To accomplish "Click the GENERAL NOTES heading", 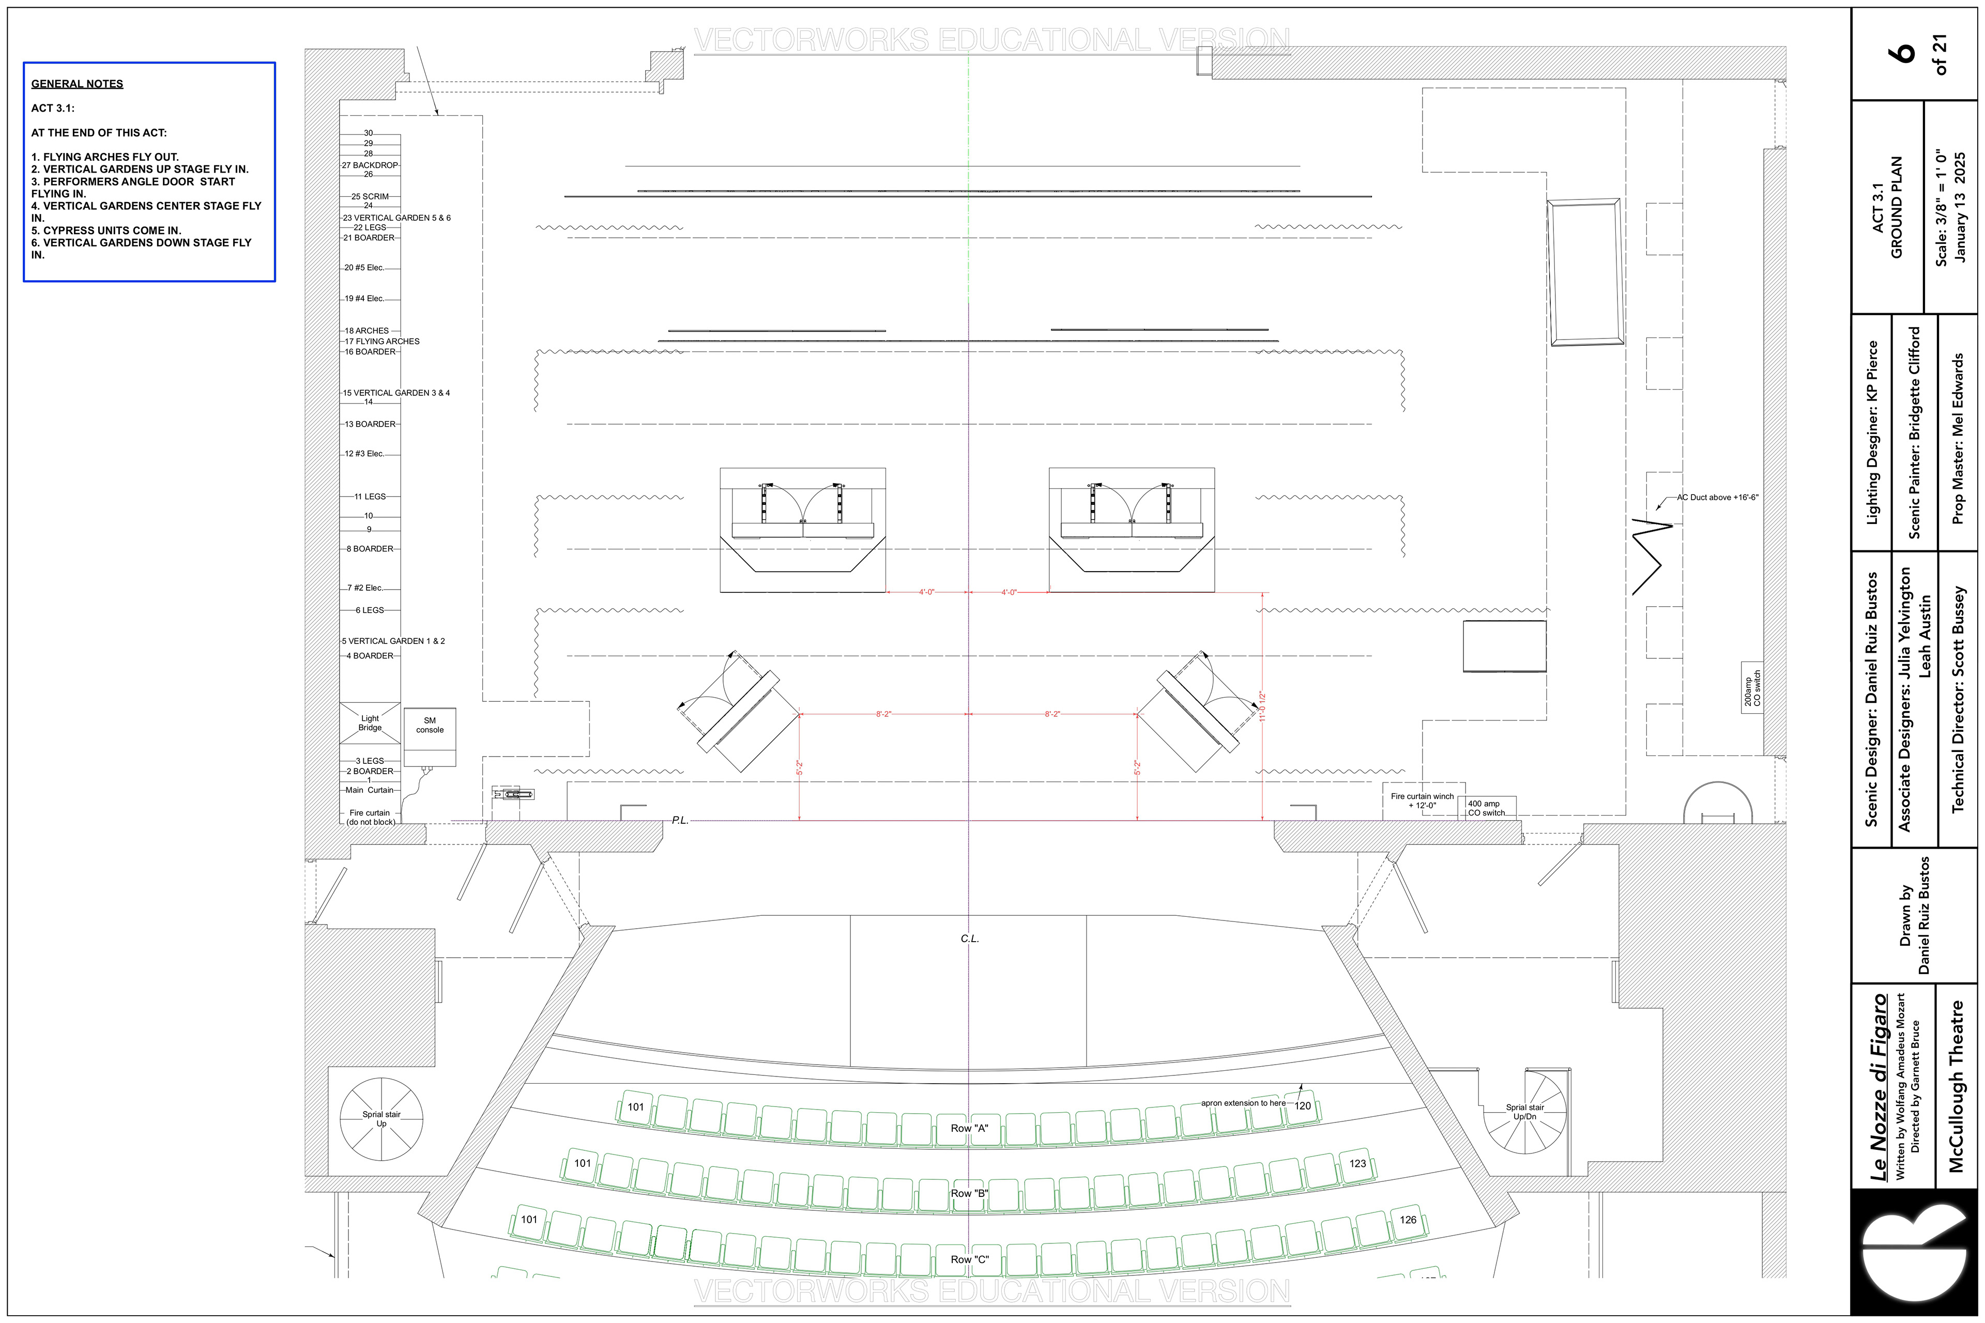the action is [77, 84].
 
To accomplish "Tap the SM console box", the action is [430, 736].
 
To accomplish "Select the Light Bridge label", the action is [370, 723].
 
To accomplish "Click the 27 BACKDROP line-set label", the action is [370, 165].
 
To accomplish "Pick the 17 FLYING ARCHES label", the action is [381, 342].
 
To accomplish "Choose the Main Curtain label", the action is [369, 790].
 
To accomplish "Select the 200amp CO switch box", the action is [1751, 688].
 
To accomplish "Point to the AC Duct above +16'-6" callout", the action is [1717, 498].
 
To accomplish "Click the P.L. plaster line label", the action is [680, 820].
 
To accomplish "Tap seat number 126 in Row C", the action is [1408, 1219].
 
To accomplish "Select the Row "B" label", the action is [969, 1193].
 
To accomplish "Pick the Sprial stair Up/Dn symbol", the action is [1525, 1112].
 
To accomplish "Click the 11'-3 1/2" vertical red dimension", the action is [1262, 706].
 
